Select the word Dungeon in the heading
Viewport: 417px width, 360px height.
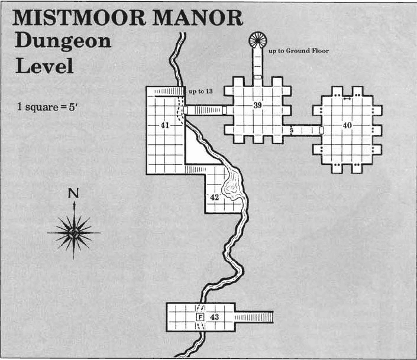tap(62, 41)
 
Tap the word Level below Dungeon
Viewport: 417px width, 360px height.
tap(44, 65)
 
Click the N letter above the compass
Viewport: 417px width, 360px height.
tap(74, 193)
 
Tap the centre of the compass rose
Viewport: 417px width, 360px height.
tap(74, 232)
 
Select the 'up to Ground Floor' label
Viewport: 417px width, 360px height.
tap(298, 51)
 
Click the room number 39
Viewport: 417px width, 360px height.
tap(258, 106)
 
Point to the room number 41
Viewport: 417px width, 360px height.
tap(164, 125)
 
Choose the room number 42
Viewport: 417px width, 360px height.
tap(215, 197)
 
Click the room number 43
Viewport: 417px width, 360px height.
tap(215, 317)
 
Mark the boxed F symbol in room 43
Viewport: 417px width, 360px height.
tap(200, 317)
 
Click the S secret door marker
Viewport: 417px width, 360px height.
tap(292, 130)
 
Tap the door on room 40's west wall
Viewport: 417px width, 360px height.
tap(321, 130)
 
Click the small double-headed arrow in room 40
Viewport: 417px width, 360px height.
tap(347, 99)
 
